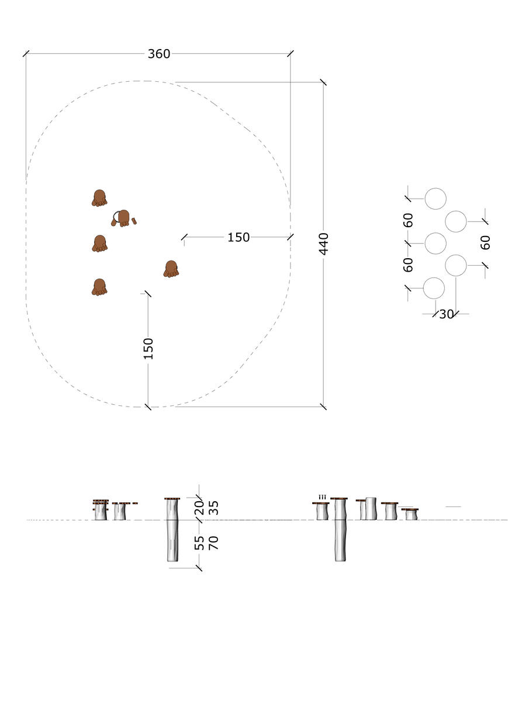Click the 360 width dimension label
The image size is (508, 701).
tap(159, 54)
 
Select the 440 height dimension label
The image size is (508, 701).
tap(323, 244)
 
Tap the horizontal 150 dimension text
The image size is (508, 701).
tap(239, 237)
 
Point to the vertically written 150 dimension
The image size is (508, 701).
tap(148, 348)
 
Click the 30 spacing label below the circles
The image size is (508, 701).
tap(446, 314)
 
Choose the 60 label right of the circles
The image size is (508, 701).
tap(485, 242)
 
